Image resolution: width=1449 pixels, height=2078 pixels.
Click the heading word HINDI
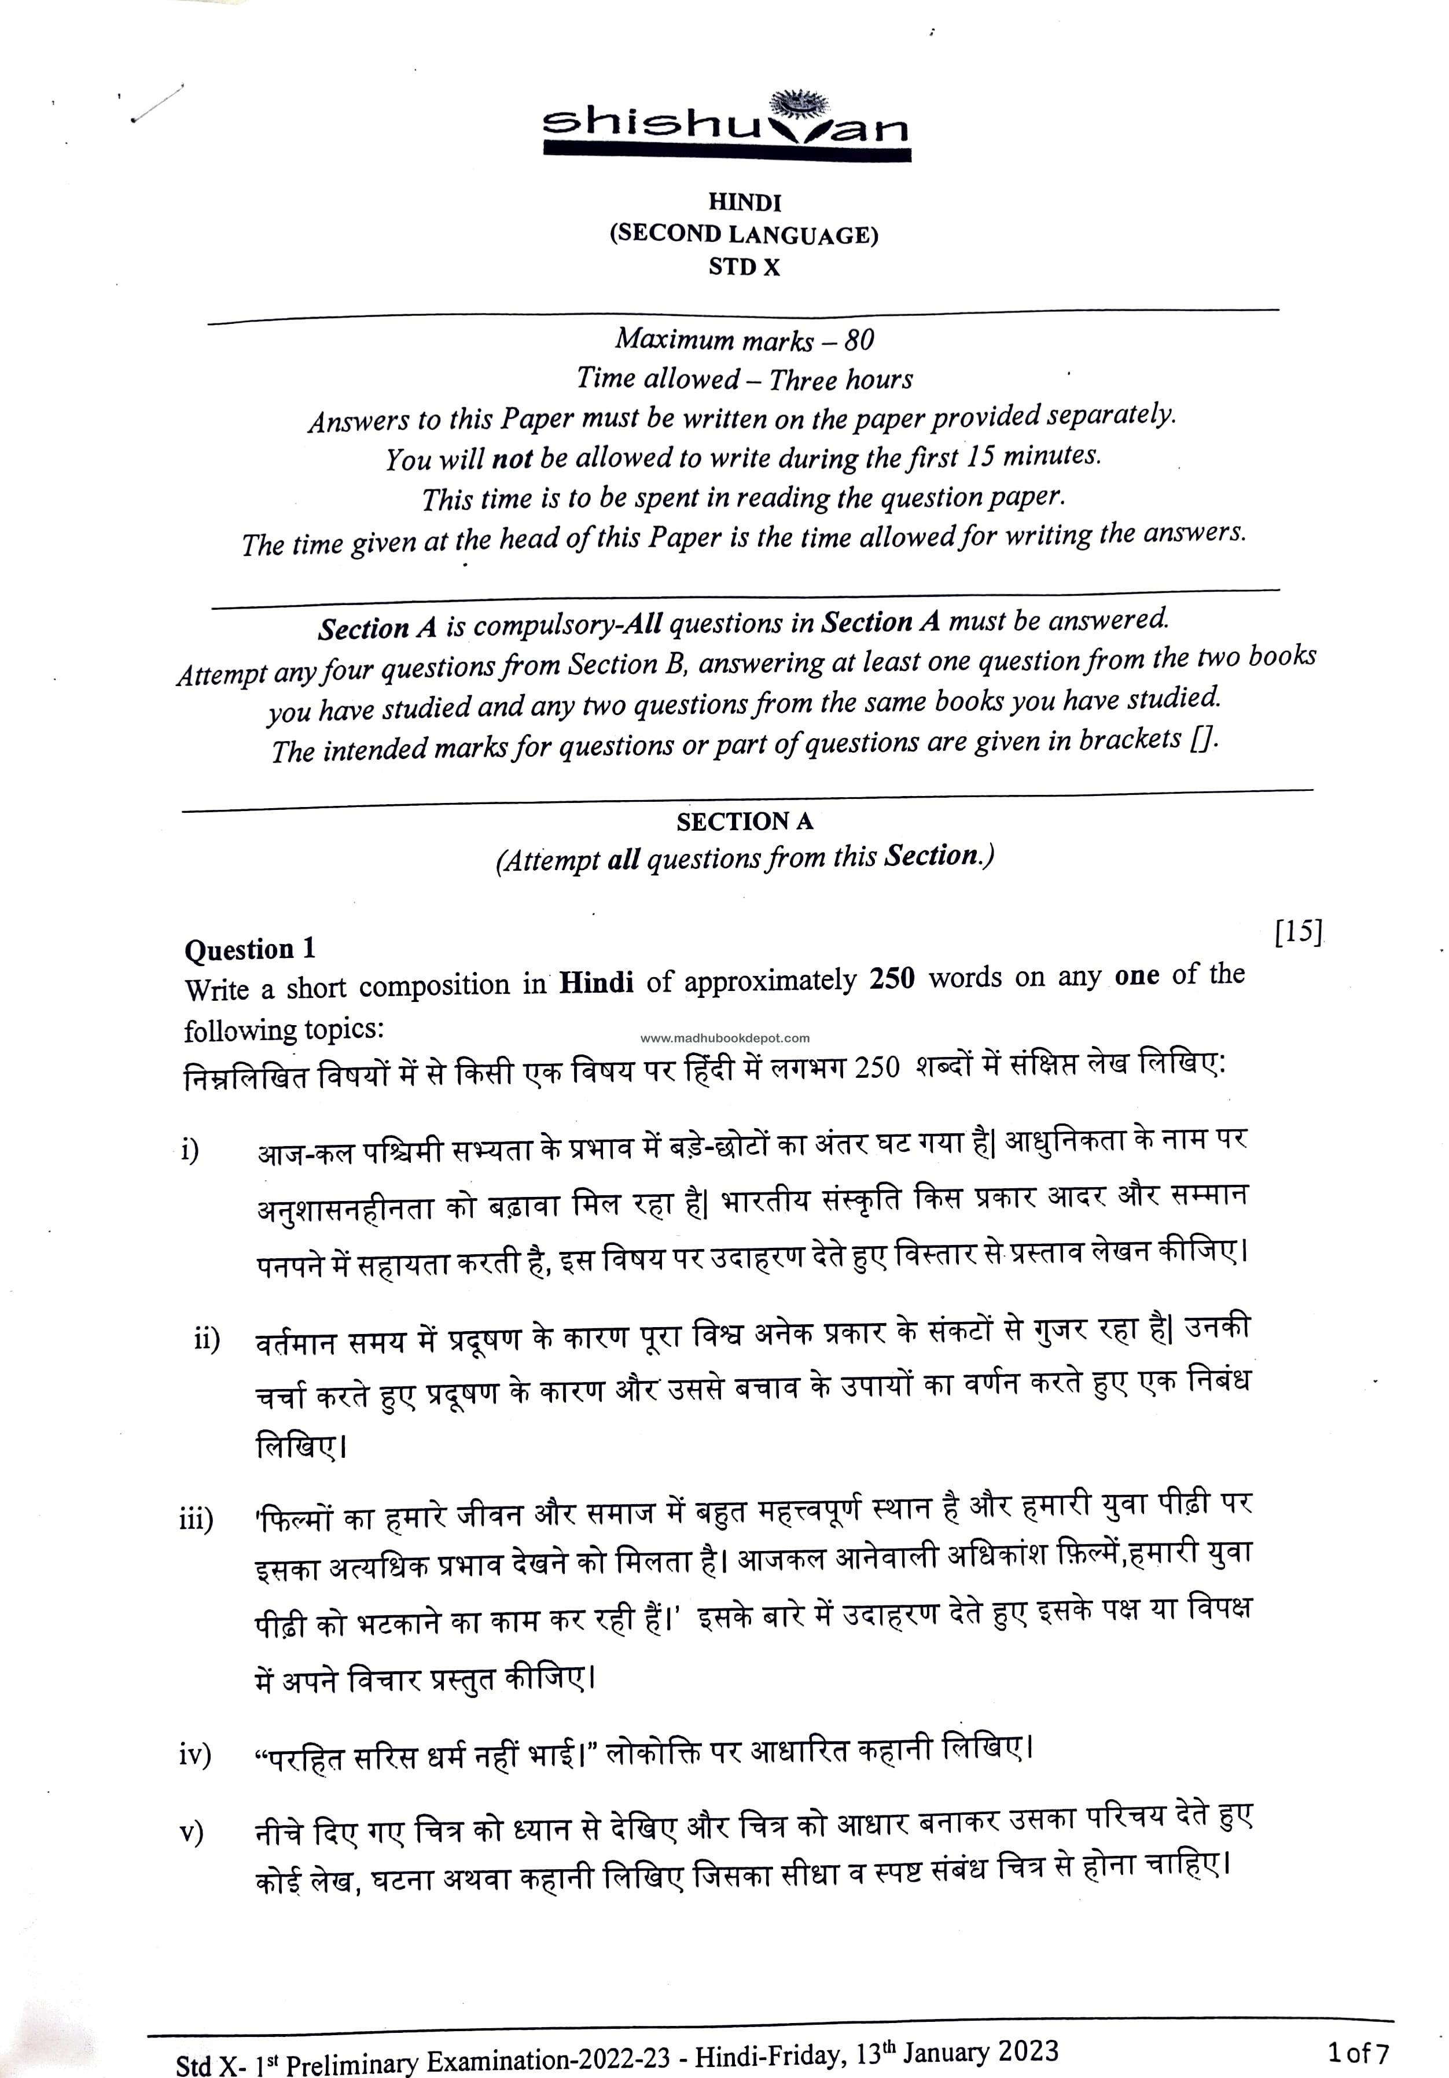click(744, 202)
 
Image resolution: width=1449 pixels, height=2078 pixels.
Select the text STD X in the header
click(744, 268)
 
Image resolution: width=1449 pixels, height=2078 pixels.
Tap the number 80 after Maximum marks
click(859, 340)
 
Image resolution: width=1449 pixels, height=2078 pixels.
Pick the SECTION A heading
click(744, 822)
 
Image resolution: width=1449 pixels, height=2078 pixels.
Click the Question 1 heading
click(250, 949)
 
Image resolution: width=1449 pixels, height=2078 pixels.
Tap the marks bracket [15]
click(1298, 931)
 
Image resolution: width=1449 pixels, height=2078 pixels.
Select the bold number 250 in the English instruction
click(892, 979)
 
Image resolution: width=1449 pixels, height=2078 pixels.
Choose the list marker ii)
click(207, 1339)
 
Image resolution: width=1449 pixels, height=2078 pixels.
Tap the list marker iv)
click(194, 1755)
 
